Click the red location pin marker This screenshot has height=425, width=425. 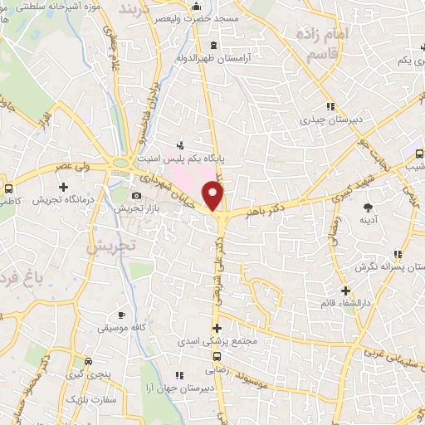pos(214,196)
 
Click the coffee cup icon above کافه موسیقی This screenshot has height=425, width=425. pos(121,316)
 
